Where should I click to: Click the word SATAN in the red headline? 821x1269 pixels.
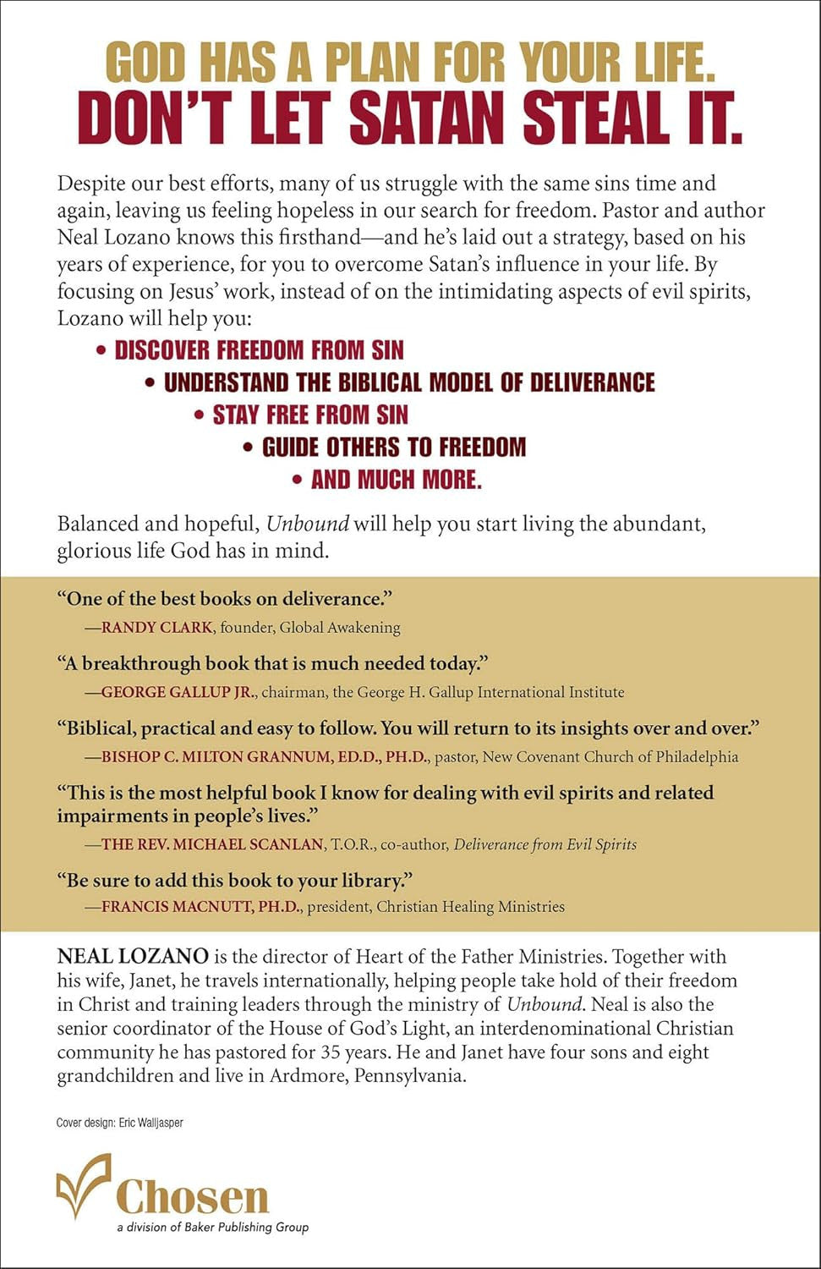tap(430, 118)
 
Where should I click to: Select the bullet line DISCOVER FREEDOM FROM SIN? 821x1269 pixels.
tap(259, 349)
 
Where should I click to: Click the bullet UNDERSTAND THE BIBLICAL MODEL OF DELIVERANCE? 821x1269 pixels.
tap(409, 382)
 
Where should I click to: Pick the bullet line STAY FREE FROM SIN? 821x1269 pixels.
tap(310, 415)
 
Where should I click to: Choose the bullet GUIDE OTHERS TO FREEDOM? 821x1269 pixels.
tap(393, 447)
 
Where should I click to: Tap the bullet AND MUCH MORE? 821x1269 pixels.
tap(396, 480)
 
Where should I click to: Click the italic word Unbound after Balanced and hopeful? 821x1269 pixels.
tap(307, 524)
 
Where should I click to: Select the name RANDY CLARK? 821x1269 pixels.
tap(156, 628)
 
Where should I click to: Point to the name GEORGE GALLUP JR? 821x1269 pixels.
tap(177, 692)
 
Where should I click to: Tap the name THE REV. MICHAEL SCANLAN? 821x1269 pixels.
tap(212, 844)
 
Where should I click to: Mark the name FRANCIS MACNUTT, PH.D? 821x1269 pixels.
tap(200, 907)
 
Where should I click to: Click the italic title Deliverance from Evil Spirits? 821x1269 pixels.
tap(545, 844)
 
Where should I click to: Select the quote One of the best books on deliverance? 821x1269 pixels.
tap(225, 599)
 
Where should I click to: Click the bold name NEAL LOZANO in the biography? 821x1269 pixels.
tap(133, 957)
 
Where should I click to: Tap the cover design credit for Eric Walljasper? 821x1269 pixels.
tap(119, 1123)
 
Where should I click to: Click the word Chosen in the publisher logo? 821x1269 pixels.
tap(193, 1197)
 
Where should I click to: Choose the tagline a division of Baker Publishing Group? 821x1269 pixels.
tap(212, 1228)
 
